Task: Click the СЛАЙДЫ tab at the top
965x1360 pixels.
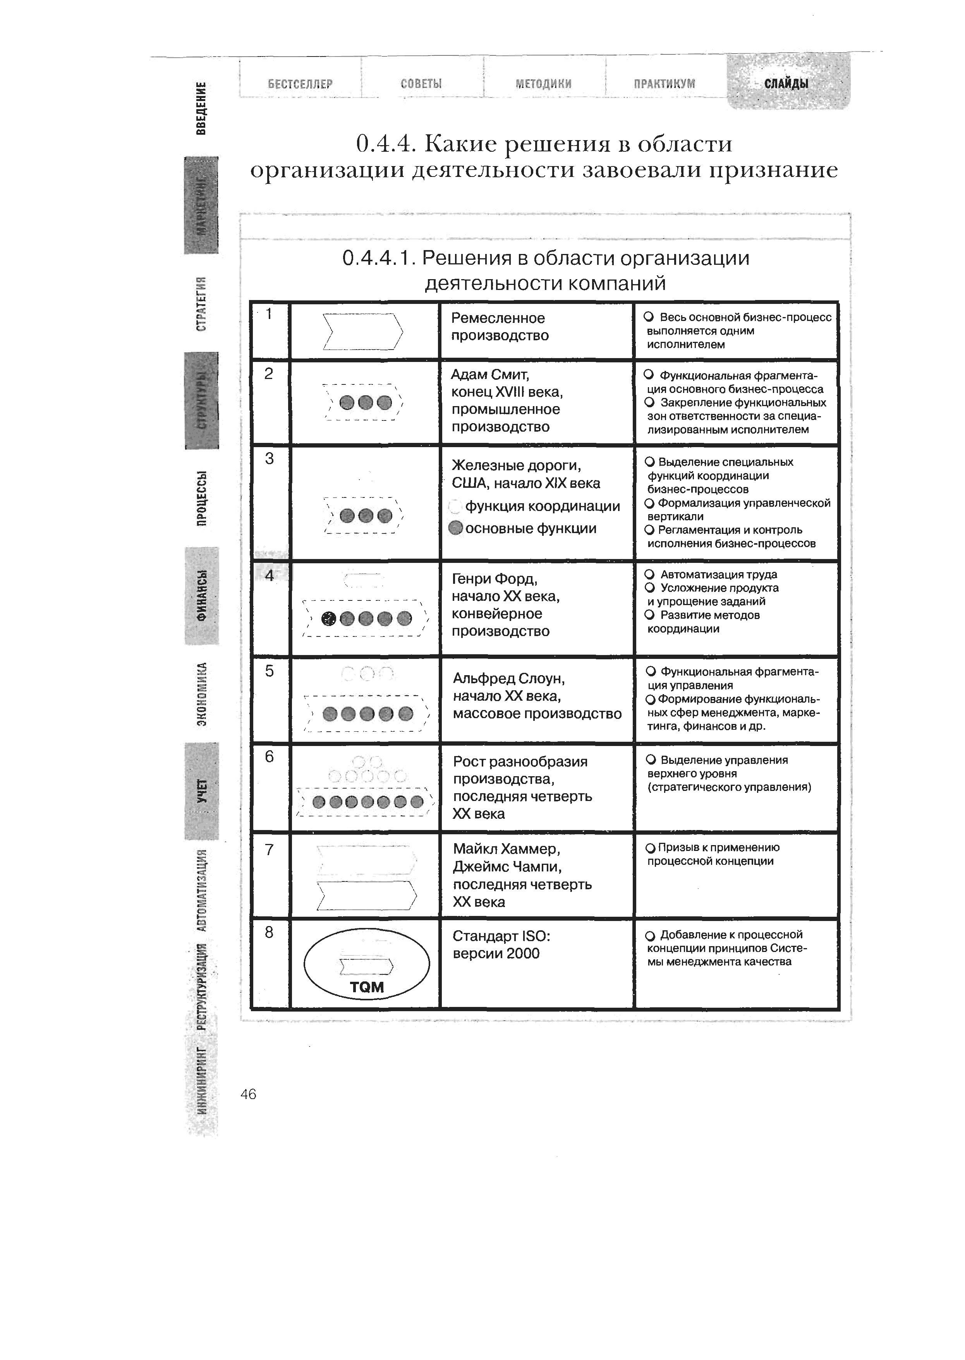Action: coord(786,84)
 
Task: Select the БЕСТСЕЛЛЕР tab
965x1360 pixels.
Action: coord(300,84)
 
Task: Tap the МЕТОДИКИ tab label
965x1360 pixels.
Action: coord(543,84)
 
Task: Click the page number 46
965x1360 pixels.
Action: coord(248,1094)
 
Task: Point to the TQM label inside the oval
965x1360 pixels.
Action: coord(367,987)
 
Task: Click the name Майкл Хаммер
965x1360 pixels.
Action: coord(506,849)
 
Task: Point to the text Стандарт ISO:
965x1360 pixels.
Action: coord(501,936)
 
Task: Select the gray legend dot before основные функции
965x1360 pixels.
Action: coord(456,528)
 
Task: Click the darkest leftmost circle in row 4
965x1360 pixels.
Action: coord(328,619)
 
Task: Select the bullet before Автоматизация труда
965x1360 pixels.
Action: coord(649,574)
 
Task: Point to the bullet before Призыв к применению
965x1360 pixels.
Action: coord(650,848)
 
